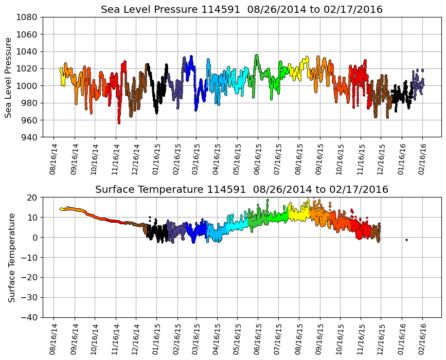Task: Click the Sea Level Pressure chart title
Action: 241,10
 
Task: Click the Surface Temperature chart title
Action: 241,190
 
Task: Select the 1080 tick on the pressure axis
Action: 28,17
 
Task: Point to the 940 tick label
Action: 28,137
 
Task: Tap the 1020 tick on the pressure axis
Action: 28,68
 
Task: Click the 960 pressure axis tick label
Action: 28,120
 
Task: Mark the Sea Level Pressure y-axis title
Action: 9,77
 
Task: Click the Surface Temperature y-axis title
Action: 11,257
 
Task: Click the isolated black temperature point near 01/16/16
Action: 406,240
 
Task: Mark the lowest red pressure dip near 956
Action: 119,123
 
